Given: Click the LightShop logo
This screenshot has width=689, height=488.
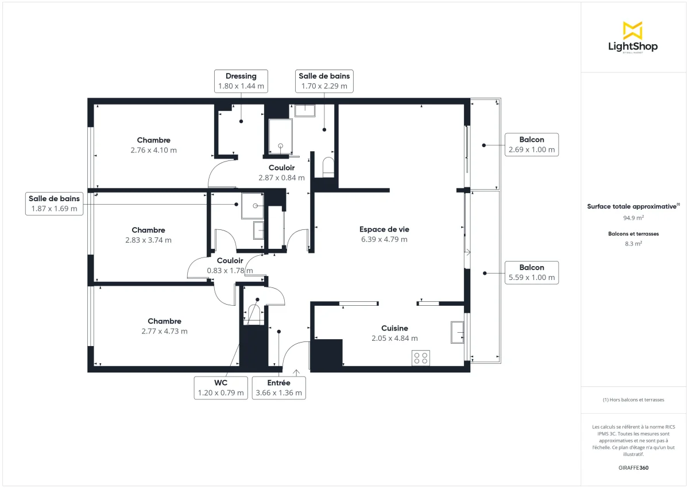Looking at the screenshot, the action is pyautogui.click(x=633, y=37).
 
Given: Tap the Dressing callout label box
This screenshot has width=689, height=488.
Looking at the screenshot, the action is pyautogui.click(x=241, y=81).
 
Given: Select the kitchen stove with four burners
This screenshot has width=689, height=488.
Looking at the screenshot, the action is pyautogui.click(x=421, y=358).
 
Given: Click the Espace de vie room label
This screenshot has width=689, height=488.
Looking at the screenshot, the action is pyautogui.click(x=384, y=229).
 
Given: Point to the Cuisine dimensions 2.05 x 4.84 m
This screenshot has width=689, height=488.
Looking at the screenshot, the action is pyautogui.click(x=394, y=339).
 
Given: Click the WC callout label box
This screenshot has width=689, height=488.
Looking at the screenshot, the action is pyautogui.click(x=221, y=388).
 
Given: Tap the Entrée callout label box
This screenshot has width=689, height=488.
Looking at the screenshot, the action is pyautogui.click(x=279, y=388).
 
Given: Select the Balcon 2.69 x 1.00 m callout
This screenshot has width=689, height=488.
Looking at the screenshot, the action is pyautogui.click(x=532, y=145).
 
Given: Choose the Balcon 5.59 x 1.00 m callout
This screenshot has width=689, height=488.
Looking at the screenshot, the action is pyautogui.click(x=532, y=273).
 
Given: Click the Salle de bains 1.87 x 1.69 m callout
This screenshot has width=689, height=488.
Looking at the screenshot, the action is pyautogui.click(x=54, y=204).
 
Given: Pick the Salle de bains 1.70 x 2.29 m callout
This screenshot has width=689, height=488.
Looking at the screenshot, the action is pyautogui.click(x=324, y=81).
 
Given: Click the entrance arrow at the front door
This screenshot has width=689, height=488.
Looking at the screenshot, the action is pyautogui.click(x=296, y=373).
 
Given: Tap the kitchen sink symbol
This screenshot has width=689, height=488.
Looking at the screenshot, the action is pyautogui.click(x=458, y=332).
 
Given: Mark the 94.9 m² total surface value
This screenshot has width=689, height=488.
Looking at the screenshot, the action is pyautogui.click(x=633, y=218).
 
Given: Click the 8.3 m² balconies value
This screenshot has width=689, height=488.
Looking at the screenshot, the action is pyautogui.click(x=633, y=244).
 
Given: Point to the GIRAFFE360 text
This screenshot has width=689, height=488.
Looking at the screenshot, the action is pyautogui.click(x=633, y=468).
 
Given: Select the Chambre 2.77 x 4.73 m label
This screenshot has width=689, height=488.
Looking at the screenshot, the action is pyautogui.click(x=165, y=326).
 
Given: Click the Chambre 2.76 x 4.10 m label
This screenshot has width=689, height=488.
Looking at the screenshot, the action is pyautogui.click(x=153, y=145).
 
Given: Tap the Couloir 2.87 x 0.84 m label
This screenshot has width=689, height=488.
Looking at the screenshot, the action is pyautogui.click(x=281, y=172).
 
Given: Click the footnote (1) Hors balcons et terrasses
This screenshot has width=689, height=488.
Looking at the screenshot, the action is pyautogui.click(x=633, y=400).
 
